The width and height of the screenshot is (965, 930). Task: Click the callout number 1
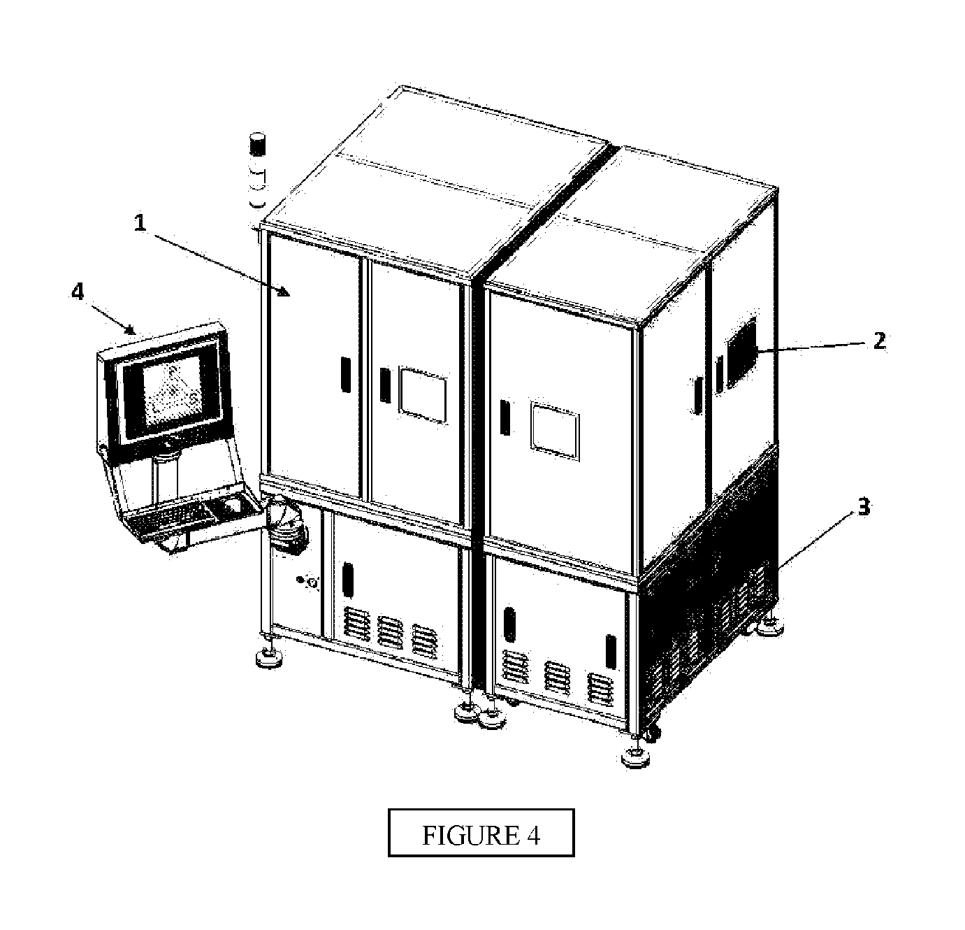pyautogui.click(x=140, y=223)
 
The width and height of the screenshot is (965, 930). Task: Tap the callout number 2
pyautogui.click(x=879, y=341)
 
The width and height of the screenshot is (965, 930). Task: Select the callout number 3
pyautogui.click(x=864, y=507)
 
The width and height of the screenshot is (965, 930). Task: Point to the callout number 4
pyautogui.click(x=78, y=292)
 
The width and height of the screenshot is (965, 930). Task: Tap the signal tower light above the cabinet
pyautogui.click(x=257, y=170)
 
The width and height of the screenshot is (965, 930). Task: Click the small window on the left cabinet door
pyautogui.click(x=423, y=396)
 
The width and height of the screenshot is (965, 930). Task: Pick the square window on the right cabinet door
pyautogui.click(x=555, y=431)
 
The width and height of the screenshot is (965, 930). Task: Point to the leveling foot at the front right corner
pyautogui.click(x=635, y=754)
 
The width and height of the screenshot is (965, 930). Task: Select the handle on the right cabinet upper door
pyautogui.click(x=505, y=417)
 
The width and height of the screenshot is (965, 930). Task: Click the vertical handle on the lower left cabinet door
pyautogui.click(x=347, y=579)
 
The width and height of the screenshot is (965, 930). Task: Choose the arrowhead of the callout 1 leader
pyautogui.click(x=284, y=292)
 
